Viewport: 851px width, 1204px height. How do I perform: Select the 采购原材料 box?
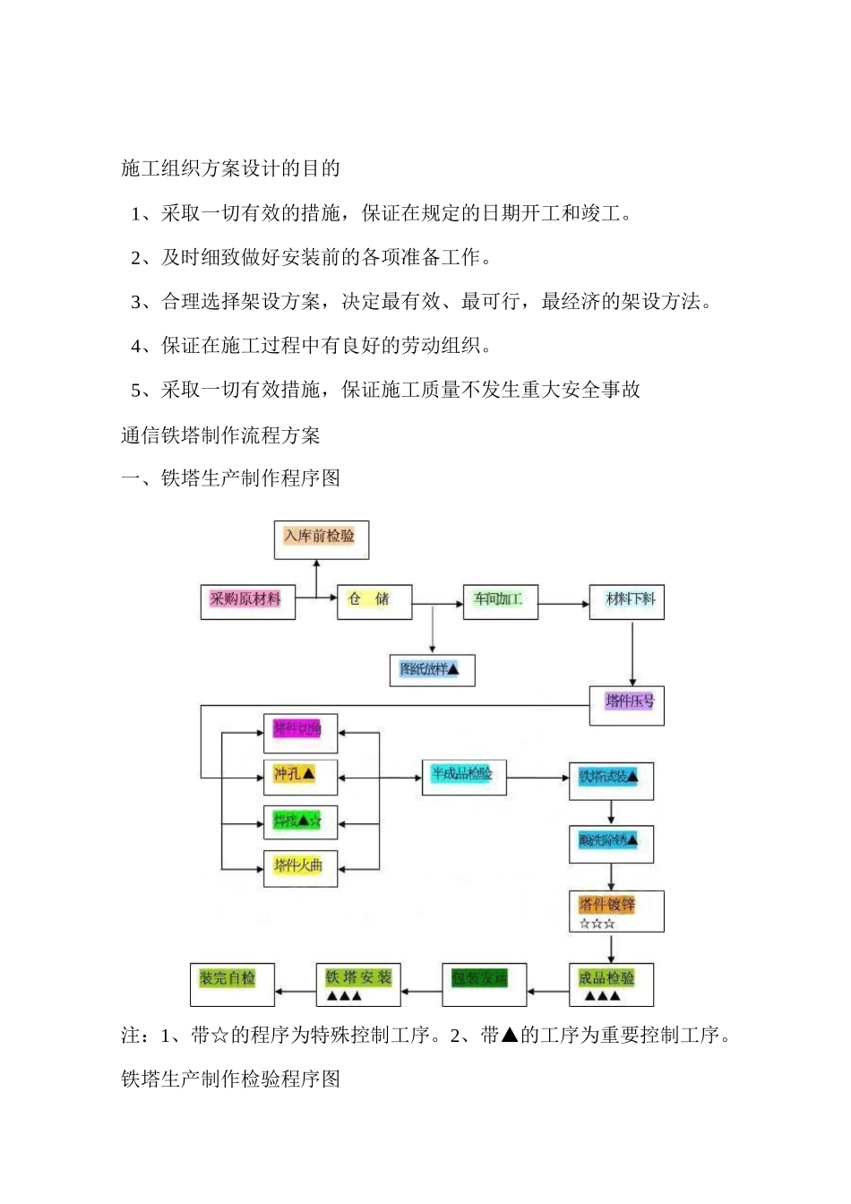click(246, 601)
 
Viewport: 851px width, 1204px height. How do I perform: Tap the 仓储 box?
click(374, 601)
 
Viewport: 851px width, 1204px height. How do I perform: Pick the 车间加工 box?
click(500, 601)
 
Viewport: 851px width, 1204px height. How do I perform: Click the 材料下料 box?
click(627, 601)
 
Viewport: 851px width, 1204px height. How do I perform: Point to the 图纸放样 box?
click(432, 670)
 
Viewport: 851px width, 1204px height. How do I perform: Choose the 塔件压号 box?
click(627, 704)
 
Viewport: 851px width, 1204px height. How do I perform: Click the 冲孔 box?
click(300, 776)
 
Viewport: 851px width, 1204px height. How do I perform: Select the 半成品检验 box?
click(464, 776)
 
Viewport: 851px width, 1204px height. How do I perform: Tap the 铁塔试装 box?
click(611, 780)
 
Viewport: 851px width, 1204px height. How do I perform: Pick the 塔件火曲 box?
click(300, 868)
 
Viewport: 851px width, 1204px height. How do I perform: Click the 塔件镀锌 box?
click(616, 911)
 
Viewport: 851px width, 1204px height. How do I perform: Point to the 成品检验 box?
click(611, 985)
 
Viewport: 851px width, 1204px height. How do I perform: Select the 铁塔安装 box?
click(358, 985)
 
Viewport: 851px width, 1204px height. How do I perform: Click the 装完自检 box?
click(232, 985)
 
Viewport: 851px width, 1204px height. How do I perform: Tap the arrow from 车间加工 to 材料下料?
click(563, 604)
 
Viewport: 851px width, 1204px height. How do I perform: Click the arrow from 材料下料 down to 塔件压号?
click(632, 653)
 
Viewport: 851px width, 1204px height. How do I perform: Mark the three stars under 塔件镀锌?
click(597, 924)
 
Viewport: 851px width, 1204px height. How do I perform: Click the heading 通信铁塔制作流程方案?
click(220, 435)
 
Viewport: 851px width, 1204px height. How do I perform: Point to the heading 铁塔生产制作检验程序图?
click(230, 1079)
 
